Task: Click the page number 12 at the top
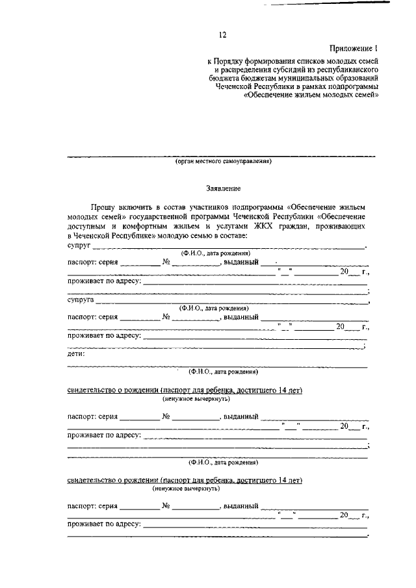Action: click(224, 35)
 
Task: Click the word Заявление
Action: click(223, 189)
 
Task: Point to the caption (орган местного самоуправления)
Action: click(223, 162)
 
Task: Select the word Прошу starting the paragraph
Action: click(103, 207)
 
